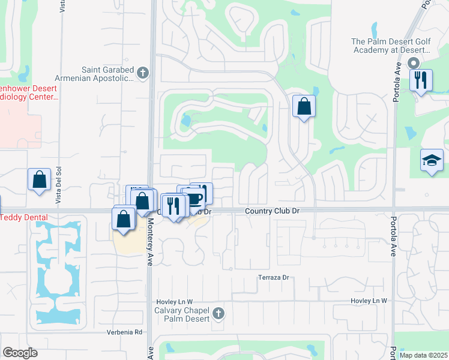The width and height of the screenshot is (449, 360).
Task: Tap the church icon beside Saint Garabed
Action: pos(142,74)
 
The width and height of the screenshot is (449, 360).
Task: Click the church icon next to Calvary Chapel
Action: pos(218,313)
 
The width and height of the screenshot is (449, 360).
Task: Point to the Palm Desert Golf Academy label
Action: pos(391,46)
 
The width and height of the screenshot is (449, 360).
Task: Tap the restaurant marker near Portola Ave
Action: pos(421,79)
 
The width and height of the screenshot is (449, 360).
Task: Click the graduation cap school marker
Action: pos(432,160)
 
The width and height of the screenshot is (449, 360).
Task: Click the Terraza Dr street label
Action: pos(274,277)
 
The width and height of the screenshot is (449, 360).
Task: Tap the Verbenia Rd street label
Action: pos(125,332)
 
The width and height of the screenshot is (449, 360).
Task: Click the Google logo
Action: pos(20,353)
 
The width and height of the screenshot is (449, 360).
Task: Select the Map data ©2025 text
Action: pos(423,355)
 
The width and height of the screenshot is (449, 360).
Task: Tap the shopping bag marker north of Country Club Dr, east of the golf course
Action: pos(304,107)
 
